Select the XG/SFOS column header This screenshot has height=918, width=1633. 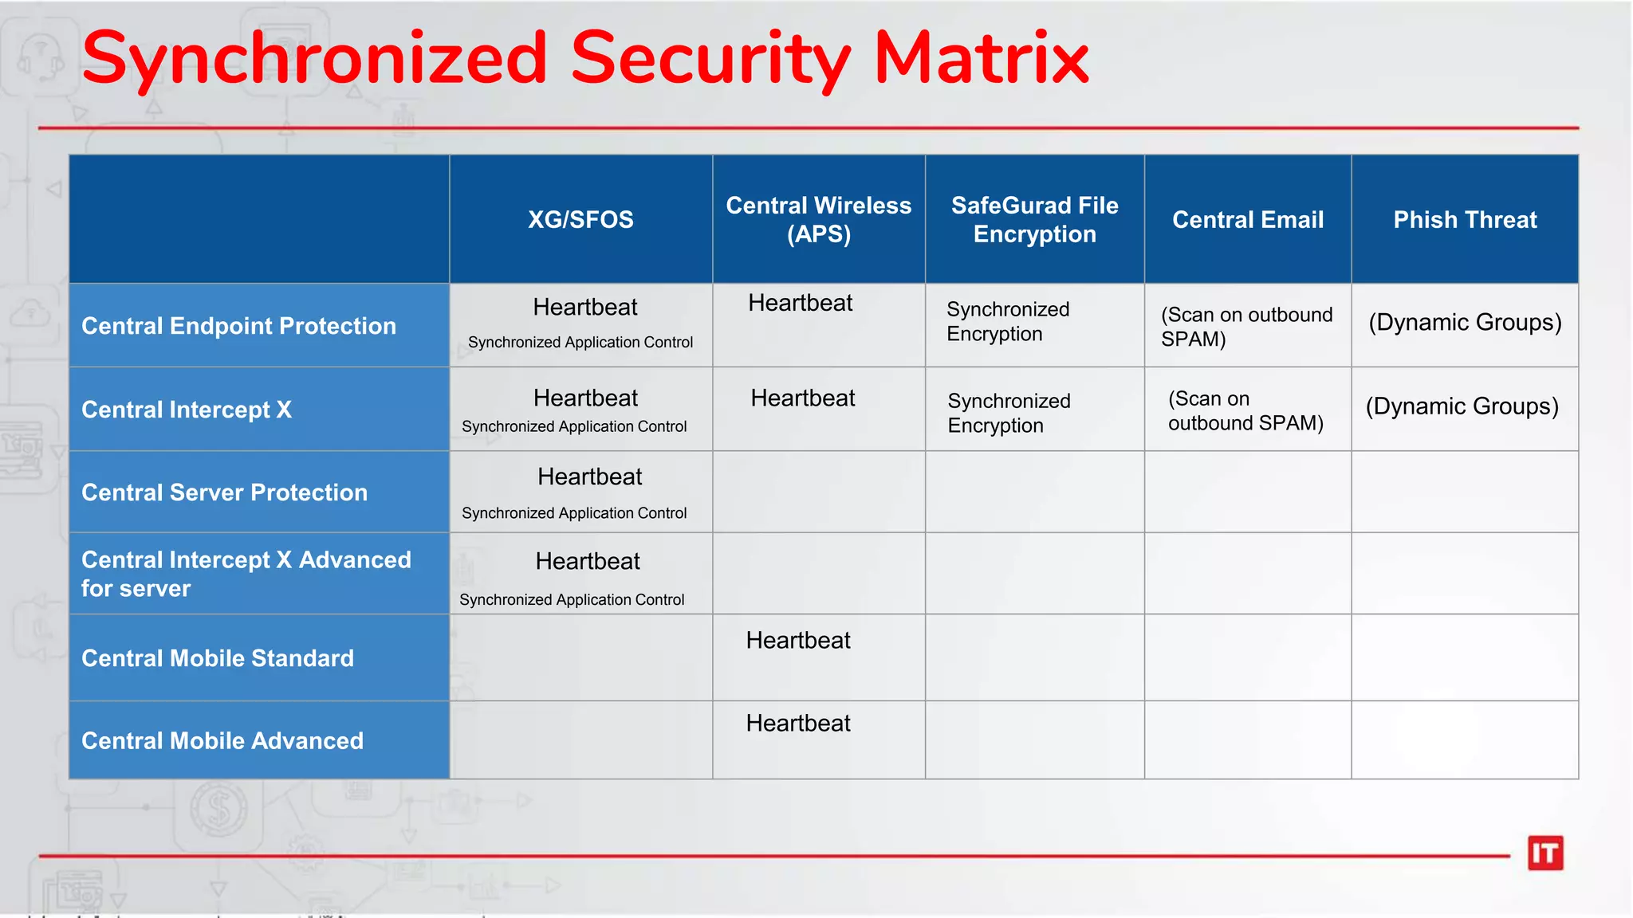(x=580, y=219)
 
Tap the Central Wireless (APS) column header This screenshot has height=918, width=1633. (x=818, y=219)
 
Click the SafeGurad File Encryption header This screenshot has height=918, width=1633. (x=1034, y=219)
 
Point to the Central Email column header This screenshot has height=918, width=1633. (x=1247, y=219)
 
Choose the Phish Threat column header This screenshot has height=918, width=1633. (x=1465, y=219)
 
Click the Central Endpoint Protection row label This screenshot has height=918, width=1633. (x=238, y=326)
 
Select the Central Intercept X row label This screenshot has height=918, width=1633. (x=187, y=410)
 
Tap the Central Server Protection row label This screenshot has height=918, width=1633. (x=224, y=492)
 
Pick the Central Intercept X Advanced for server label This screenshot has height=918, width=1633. (x=246, y=574)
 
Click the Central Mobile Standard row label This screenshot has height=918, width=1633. (x=217, y=658)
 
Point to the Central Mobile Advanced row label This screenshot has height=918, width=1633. (x=222, y=741)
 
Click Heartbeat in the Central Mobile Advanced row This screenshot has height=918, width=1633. (x=798, y=724)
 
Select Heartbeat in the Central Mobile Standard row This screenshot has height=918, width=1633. (x=798, y=641)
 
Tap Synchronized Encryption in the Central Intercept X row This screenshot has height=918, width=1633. (x=1009, y=413)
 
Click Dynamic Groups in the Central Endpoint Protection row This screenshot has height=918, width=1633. (x=1465, y=323)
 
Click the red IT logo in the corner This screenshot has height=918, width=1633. (x=1544, y=853)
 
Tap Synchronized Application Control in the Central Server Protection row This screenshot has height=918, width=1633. (x=574, y=513)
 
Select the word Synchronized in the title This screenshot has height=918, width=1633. (x=314, y=59)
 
